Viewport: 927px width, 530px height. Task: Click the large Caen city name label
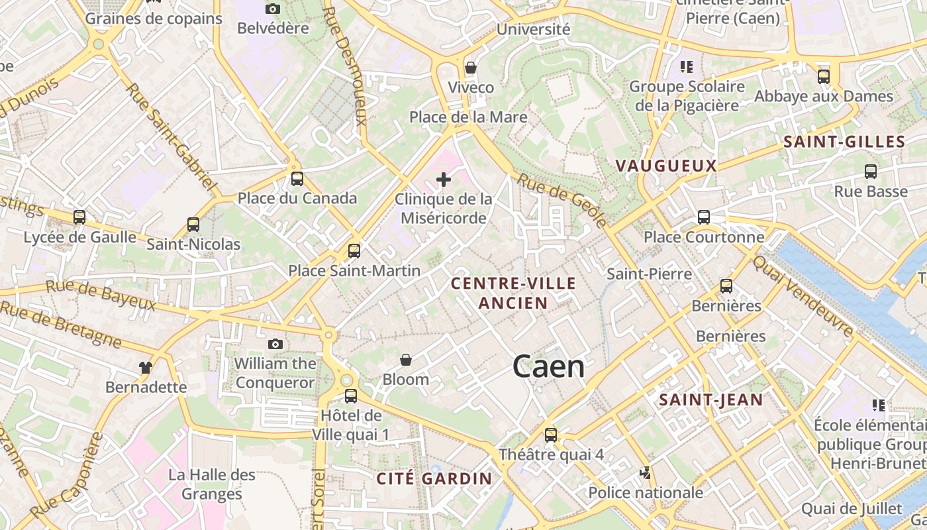[548, 367]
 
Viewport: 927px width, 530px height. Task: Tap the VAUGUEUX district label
[666, 166]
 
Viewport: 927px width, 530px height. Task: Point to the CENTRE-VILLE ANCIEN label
[513, 293]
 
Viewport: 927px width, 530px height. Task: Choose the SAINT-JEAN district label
[711, 399]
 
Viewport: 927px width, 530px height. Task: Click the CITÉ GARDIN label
[434, 478]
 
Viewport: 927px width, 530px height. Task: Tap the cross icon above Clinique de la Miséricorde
[444, 180]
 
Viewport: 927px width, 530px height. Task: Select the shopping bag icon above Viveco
[471, 68]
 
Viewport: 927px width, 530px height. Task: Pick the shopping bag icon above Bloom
[406, 360]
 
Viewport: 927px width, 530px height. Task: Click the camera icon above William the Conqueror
[275, 344]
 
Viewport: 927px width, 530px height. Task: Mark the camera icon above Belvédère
[273, 9]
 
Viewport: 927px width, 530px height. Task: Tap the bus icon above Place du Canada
[297, 178]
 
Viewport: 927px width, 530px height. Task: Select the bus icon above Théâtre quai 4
[551, 435]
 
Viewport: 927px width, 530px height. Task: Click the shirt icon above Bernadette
[146, 367]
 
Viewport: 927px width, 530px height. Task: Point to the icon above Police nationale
[646, 473]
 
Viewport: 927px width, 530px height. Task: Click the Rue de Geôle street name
[561, 199]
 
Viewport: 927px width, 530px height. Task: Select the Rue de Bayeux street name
[101, 295]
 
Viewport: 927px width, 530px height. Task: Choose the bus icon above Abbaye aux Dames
[824, 76]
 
